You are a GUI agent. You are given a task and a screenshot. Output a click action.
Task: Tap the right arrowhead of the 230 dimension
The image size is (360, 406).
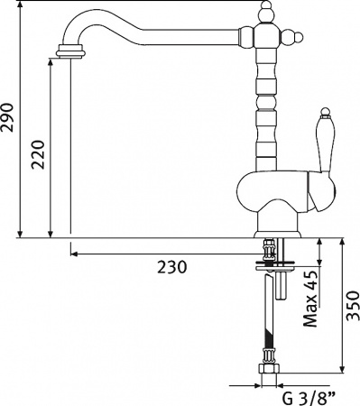coord(262,254)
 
